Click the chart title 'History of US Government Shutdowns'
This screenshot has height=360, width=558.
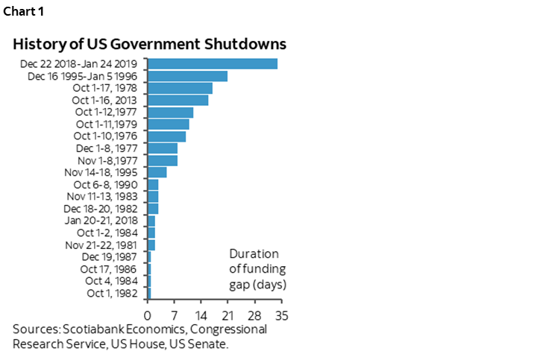click(x=149, y=43)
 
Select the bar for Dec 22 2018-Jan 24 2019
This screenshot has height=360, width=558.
click(x=213, y=63)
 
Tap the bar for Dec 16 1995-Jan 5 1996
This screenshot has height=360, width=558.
click(x=187, y=76)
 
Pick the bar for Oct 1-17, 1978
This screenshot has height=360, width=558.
click(x=180, y=88)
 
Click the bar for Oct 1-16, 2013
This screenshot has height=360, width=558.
click(x=178, y=100)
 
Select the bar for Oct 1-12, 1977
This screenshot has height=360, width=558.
click(x=170, y=112)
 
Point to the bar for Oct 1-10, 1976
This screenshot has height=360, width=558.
click(x=166, y=136)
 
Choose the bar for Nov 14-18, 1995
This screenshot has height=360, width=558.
click(x=157, y=172)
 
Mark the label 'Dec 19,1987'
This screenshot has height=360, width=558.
click(x=113, y=256)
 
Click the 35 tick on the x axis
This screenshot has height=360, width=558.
click(x=281, y=315)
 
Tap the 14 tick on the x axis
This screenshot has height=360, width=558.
click(x=201, y=315)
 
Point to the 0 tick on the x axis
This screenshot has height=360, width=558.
click(x=148, y=315)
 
